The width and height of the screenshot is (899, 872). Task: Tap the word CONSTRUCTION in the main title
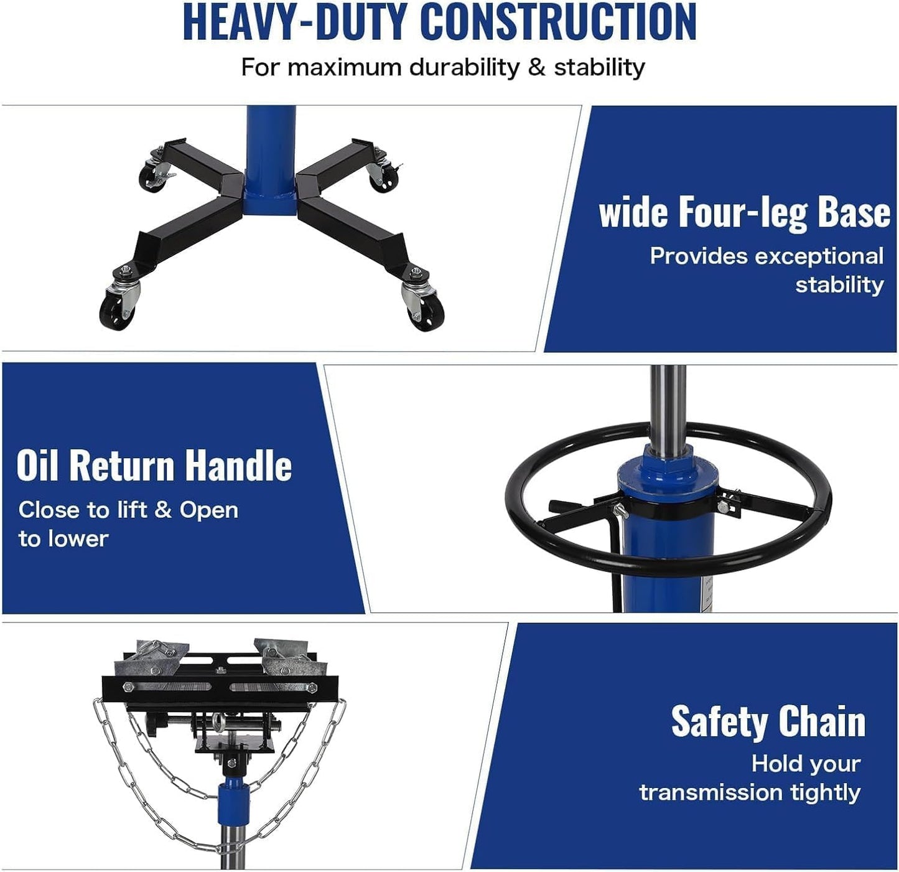coord(558,22)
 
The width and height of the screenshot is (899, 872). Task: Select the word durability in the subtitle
coord(463,67)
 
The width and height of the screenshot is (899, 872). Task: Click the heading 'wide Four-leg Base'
coord(744,213)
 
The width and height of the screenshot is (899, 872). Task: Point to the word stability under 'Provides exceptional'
coord(839,285)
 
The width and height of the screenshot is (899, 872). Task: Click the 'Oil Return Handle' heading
coord(154,466)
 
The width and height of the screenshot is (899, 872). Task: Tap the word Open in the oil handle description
coord(209,510)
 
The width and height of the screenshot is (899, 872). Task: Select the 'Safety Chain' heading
coord(768,722)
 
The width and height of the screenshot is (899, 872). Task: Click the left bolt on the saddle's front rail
coord(128,687)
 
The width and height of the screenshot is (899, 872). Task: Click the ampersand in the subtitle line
coord(536,67)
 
